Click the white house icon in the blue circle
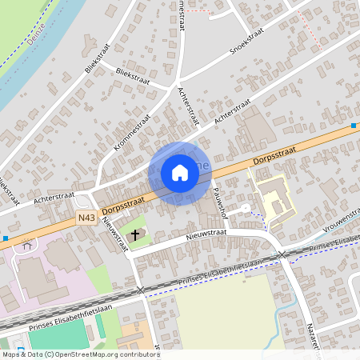(180, 173)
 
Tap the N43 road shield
(86, 218)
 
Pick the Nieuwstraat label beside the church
(114, 236)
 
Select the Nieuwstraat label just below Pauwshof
(206, 234)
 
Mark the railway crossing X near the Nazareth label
(282, 254)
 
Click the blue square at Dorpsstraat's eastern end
(354, 126)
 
